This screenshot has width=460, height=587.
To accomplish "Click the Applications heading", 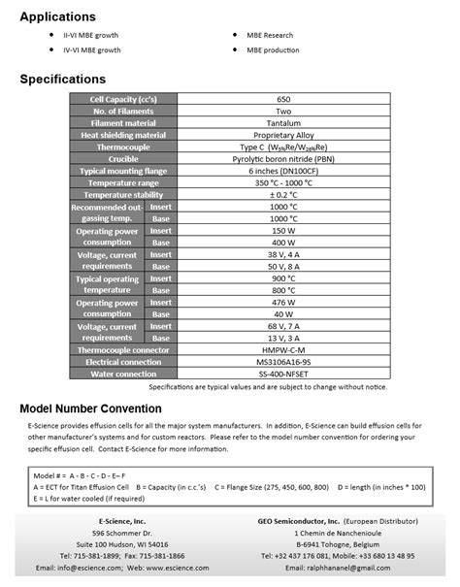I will click(58, 16).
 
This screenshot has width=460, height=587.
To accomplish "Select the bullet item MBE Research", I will click(282, 34).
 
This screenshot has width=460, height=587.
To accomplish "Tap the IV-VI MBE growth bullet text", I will click(92, 49).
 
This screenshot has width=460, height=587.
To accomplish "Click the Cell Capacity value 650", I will click(283, 99).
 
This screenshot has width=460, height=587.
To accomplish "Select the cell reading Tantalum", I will click(283, 123).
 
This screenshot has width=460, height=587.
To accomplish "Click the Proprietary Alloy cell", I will click(283, 135).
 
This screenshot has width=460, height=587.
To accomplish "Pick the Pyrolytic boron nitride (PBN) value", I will click(283, 158).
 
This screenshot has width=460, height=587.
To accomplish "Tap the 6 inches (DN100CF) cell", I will click(283, 170).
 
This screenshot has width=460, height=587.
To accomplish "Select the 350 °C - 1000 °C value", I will click(283, 182).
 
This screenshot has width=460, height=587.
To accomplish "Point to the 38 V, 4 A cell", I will click(283, 253).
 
